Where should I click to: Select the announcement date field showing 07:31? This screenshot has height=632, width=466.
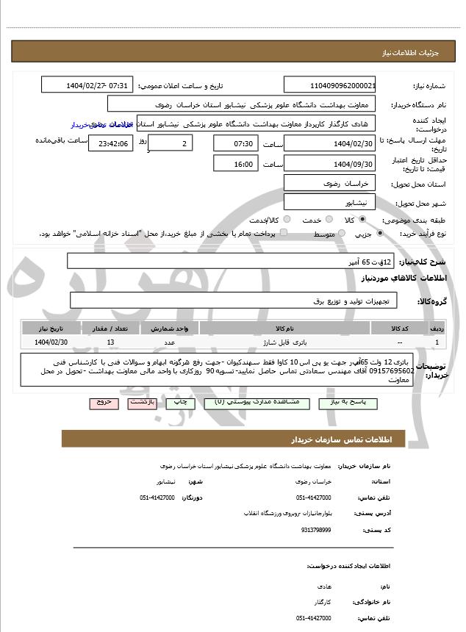pyautogui.click(x=88, y=85)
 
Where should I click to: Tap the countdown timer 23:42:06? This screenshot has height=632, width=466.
pyautogui.click(x=111, y=143)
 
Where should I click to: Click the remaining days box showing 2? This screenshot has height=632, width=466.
pyautogui.click(x=170, y=143)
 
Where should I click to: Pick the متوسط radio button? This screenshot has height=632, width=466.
pyautogui.click(x=340, y=234)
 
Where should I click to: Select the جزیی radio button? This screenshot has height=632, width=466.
pyautogui.click(x=379, y=234)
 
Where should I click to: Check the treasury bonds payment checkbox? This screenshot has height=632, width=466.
pyautogui.click(x=258, y=234)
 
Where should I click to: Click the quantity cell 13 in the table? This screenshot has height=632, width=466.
pyautogui.click(x=110, y=342)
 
